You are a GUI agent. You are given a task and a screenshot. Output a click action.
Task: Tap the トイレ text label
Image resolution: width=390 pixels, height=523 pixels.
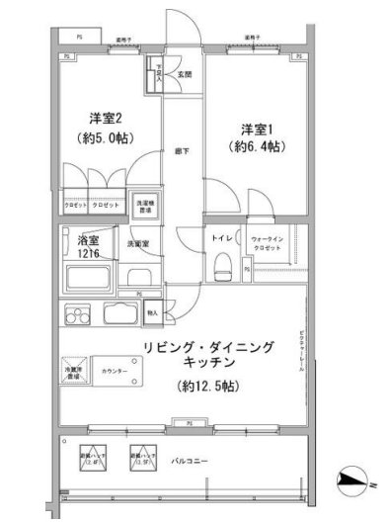click(x=220, y=238)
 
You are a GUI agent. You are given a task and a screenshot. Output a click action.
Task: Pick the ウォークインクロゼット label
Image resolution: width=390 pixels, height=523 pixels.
click(x=269, y=243)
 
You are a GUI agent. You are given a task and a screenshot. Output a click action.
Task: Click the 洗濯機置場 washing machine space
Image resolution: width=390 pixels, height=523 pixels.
click(x=145, y=204)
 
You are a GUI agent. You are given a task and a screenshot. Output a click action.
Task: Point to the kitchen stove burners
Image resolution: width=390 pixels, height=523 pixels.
click(x=77, y=316)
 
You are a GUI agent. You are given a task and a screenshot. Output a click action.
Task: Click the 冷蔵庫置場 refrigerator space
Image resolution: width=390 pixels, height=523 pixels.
click(x=78, y=371)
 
